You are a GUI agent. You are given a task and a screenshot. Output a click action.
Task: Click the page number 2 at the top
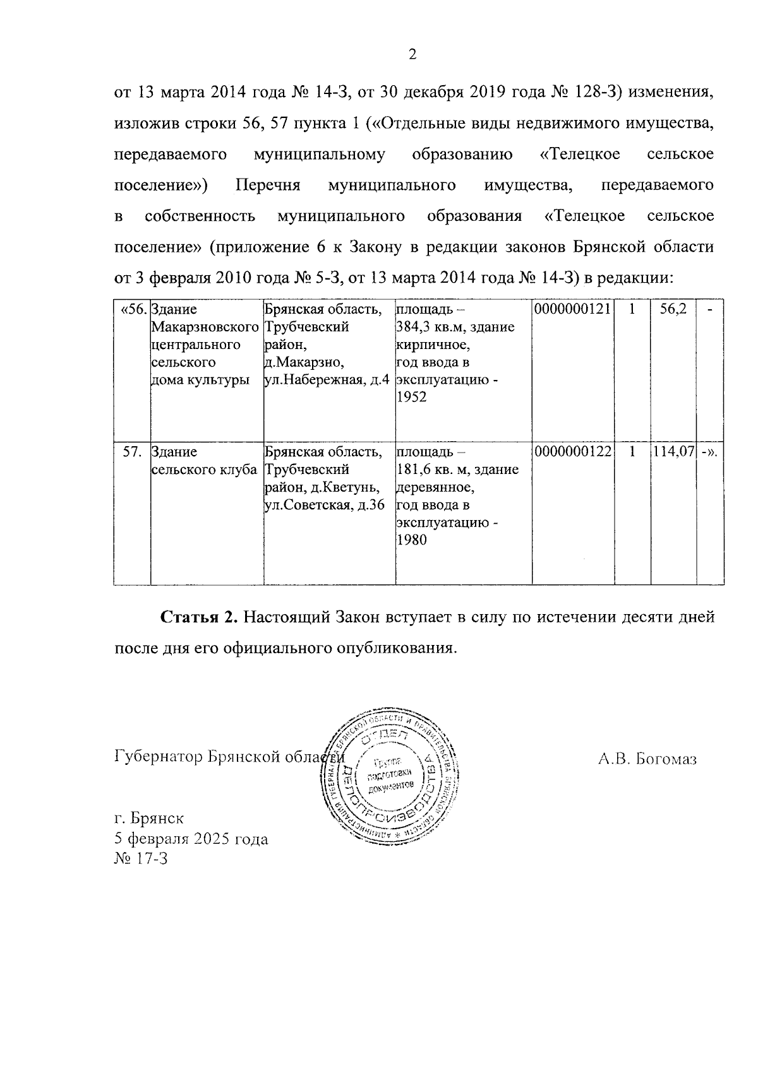pos(412,56)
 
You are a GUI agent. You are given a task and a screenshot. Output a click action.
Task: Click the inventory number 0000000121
pos(573,309)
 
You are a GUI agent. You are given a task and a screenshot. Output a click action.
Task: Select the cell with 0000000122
pos(573,452)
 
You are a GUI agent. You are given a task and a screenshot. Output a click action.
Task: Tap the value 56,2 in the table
pos(673,309)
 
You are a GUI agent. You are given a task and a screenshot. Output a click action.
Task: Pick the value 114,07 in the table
pos(673,452)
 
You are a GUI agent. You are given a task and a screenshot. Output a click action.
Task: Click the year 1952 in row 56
pos(411,397)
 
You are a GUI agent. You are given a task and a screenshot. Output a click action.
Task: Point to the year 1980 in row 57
pos(411,540)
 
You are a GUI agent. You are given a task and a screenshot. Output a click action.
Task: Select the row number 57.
pos(133,452)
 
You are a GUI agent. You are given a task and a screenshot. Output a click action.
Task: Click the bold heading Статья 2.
pos(198,617)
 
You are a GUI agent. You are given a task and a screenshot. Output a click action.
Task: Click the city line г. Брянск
pos(149,819)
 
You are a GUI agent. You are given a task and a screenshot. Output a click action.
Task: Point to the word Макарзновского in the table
pos(205,327)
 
